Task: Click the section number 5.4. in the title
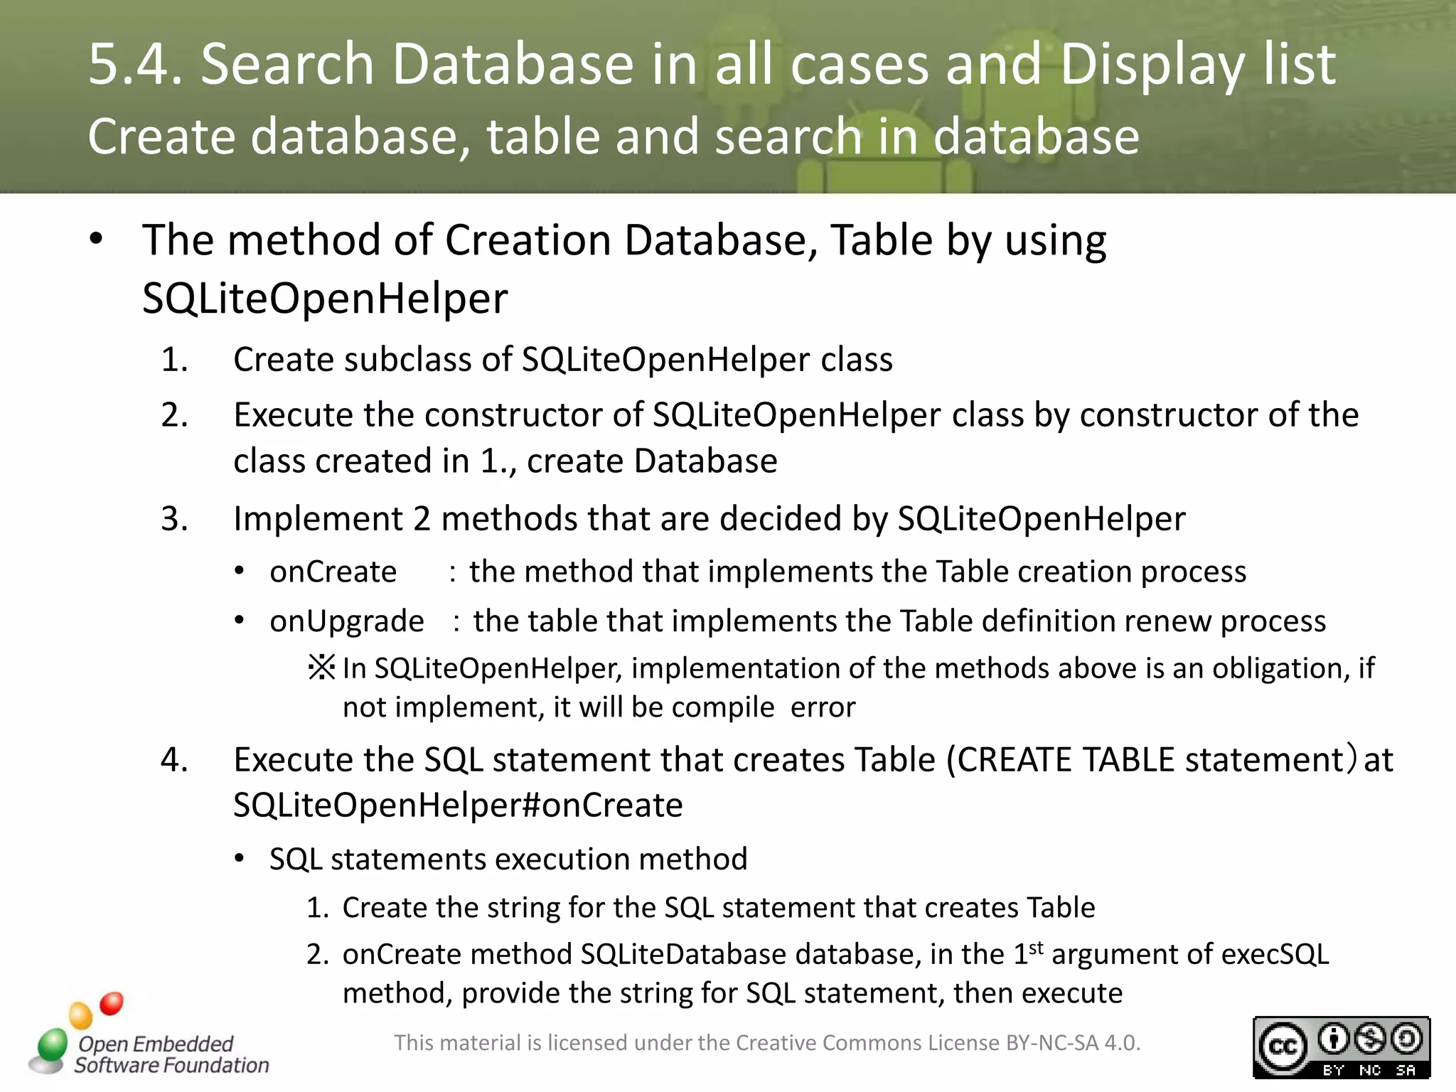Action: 135,64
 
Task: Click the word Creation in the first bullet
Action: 528,240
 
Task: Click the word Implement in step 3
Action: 318,519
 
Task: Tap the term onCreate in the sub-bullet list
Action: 333,572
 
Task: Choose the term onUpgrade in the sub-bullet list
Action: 346,621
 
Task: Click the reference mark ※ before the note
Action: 321,668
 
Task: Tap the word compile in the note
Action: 722,708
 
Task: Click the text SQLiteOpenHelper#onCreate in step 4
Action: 458,805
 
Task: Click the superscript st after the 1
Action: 1036,947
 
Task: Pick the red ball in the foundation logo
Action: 112,1003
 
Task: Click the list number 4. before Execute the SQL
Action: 175,760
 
